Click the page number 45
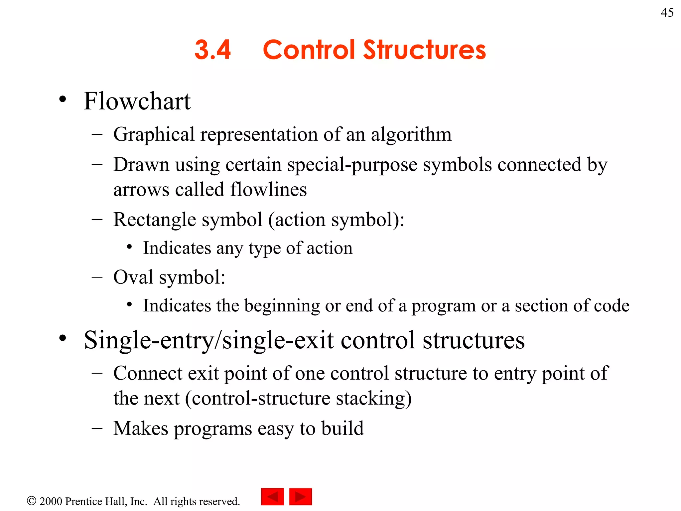(x=667, y=13)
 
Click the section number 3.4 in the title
(x=212, y=50)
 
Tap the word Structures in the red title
(x=424, y=50)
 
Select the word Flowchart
(x=137, y=101)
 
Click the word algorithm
(x=411, y=135)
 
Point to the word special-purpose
(x=352, y=165)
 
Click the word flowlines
(x=268, y=190)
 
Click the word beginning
(x=282, y=306)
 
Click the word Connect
(x=148, y=373)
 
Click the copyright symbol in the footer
(x=31, y=501)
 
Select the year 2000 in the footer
(x=51, y=501)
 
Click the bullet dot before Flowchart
(x=63, y=99)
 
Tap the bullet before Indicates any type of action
(x=130, y=247)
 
